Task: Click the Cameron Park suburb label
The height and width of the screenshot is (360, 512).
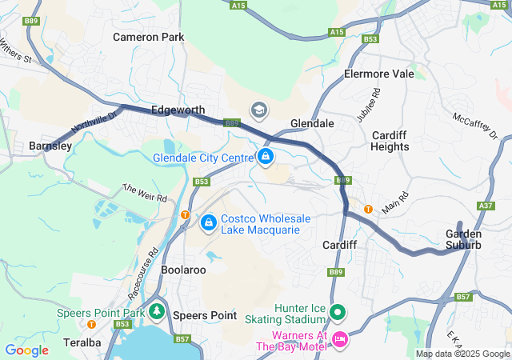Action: pyautogui.click(x=148, y=37)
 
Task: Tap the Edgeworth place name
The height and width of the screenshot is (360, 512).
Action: pyautogui.click(x=178, y=110)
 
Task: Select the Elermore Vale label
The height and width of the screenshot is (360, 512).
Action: pyautogui.click(x=378, y=74)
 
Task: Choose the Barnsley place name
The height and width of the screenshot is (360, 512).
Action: pyautogui.click(x=50, y=146)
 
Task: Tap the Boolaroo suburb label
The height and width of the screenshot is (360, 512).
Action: pyautogui.click(x=184, y=270)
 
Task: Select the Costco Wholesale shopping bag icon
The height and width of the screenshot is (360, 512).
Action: pyautogui.click(x=209, y=222)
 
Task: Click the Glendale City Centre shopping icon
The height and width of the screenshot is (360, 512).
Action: pyautogui.click(x=266, y=156)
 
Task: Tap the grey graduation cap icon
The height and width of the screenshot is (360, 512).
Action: pyautogui.click(x=258, y=109)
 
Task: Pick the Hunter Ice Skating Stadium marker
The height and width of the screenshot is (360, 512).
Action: pyautogui.click(x=338, y=312)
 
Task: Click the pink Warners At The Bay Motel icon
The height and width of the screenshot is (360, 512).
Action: pyautogui.click(x=339, y=340)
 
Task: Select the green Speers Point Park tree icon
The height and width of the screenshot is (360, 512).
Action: pyautogui.click(x=157, y=311)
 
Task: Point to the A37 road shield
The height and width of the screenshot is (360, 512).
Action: pyautogui.click(x=485, y=206)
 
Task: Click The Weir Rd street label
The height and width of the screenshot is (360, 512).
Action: pyautogui.click(x=144, y=192)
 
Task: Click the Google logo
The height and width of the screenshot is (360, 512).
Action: pyautogui.click(x=27, y=350)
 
